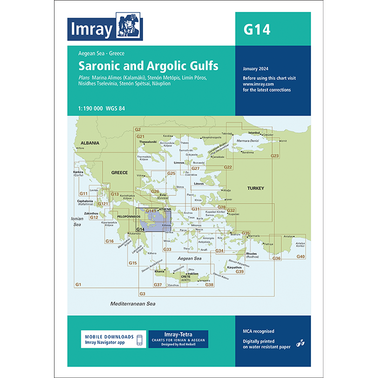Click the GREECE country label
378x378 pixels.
[119, 173]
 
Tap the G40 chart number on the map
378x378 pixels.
[301, 256]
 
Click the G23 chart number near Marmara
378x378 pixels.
[274, 156]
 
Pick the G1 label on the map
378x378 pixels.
[78, 284]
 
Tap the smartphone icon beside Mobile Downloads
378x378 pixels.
[139, 340]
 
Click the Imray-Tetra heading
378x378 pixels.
[178, 334]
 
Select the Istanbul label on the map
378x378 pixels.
[254, 132]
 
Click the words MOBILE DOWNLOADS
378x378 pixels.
[105, 335]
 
